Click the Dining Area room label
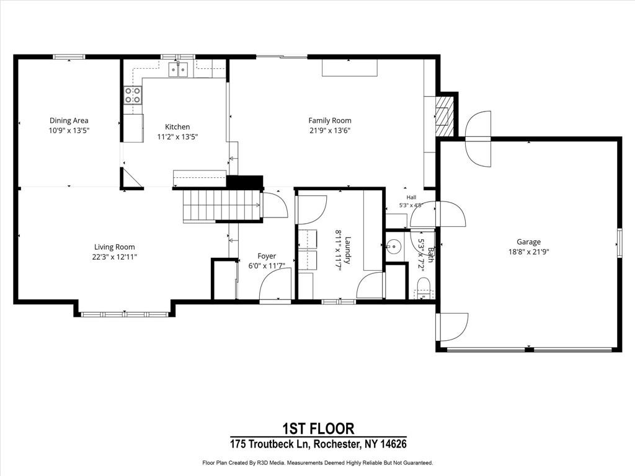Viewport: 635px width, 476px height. [x=69, y=120]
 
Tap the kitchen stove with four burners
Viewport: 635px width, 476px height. [x=133, y=95]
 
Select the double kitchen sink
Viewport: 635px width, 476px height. [x=179, y=69]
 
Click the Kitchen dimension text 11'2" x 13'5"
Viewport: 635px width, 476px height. [x=177, y=137]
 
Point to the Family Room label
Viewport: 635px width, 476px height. [x=330, y=120]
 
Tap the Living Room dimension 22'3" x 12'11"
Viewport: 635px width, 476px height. [x=115, y=257]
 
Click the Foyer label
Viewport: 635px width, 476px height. [x=267, y=256]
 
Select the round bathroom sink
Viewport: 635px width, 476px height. [x=393, y=245]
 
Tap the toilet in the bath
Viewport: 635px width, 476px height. [x=424, y=286]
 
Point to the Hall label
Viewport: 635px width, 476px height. [x=412, y=197]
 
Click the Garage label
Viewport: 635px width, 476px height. [x=528, y=242]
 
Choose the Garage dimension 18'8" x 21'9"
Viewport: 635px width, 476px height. [x=528, y=252]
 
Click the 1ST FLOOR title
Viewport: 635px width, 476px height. [x=318, y=428]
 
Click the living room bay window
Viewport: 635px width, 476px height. [x=125, y=314]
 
